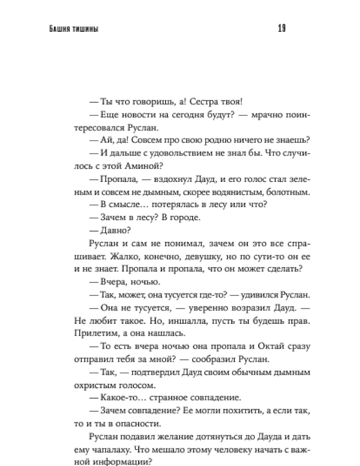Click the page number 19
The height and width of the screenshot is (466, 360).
tap(282, 28)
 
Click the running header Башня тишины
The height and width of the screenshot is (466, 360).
tap(74, 29)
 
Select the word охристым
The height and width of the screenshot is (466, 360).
tap(93, 385)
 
